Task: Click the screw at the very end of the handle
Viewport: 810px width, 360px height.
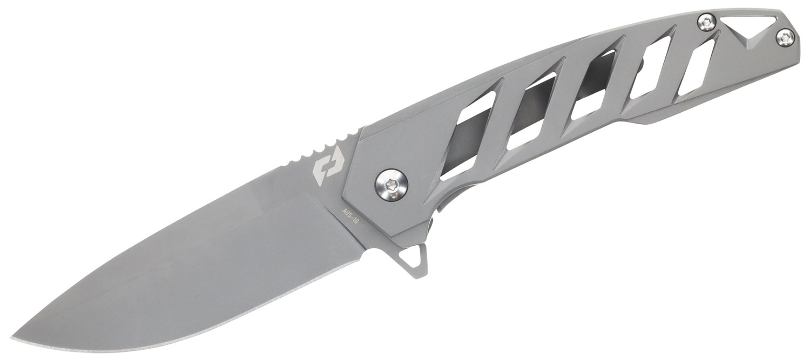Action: [785, 37]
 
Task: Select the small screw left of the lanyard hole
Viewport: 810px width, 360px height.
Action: [706, 22]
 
